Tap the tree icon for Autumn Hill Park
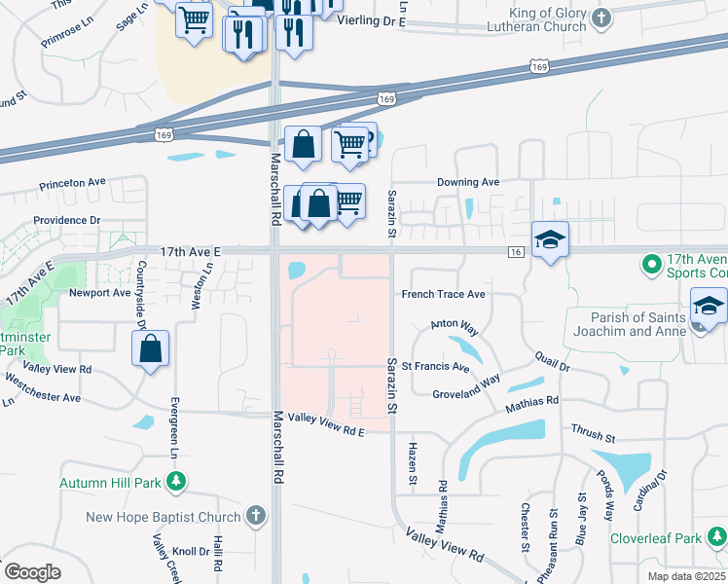coord(176,482)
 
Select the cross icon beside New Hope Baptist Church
coord(255,516)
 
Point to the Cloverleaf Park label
coord(655,537)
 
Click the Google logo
coord(32,571)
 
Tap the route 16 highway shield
coord(516,252)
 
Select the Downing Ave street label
coord(467,182)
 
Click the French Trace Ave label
coord(443,294)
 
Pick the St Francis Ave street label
coord(437,369)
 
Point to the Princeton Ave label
coord(72,182)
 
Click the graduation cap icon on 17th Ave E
coord(550,238)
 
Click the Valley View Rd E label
coord(326,431)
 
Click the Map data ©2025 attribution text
coord(685,576)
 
